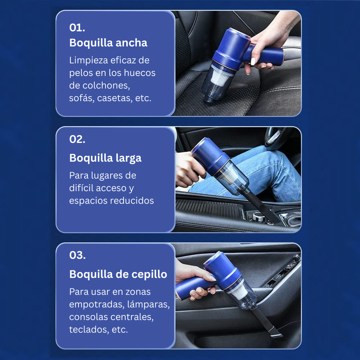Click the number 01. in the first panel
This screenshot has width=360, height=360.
77,28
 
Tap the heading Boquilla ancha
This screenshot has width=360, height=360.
108,43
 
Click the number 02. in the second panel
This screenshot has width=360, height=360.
77,139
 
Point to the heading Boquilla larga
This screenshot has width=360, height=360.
105,158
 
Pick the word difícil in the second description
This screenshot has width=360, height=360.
82,188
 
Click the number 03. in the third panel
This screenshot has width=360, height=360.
77,255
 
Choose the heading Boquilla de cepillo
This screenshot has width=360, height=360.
118,274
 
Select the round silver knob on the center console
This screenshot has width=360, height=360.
258,216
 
